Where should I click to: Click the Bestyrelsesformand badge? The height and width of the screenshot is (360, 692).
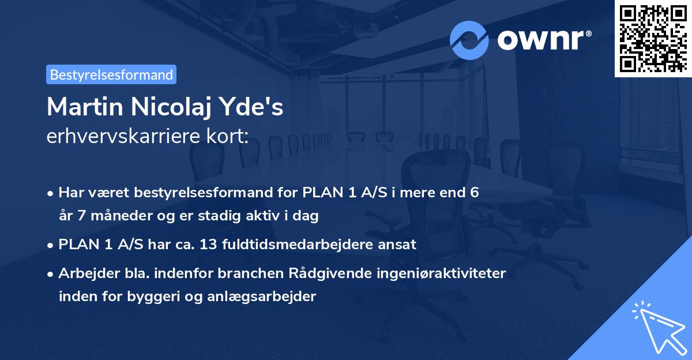[x=111, y=74]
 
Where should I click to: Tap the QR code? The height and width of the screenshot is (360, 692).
[x=653, y=38]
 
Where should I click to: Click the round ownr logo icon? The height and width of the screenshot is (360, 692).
[x=469, y=40]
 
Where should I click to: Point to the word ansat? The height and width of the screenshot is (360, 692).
[x=398, y=244]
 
